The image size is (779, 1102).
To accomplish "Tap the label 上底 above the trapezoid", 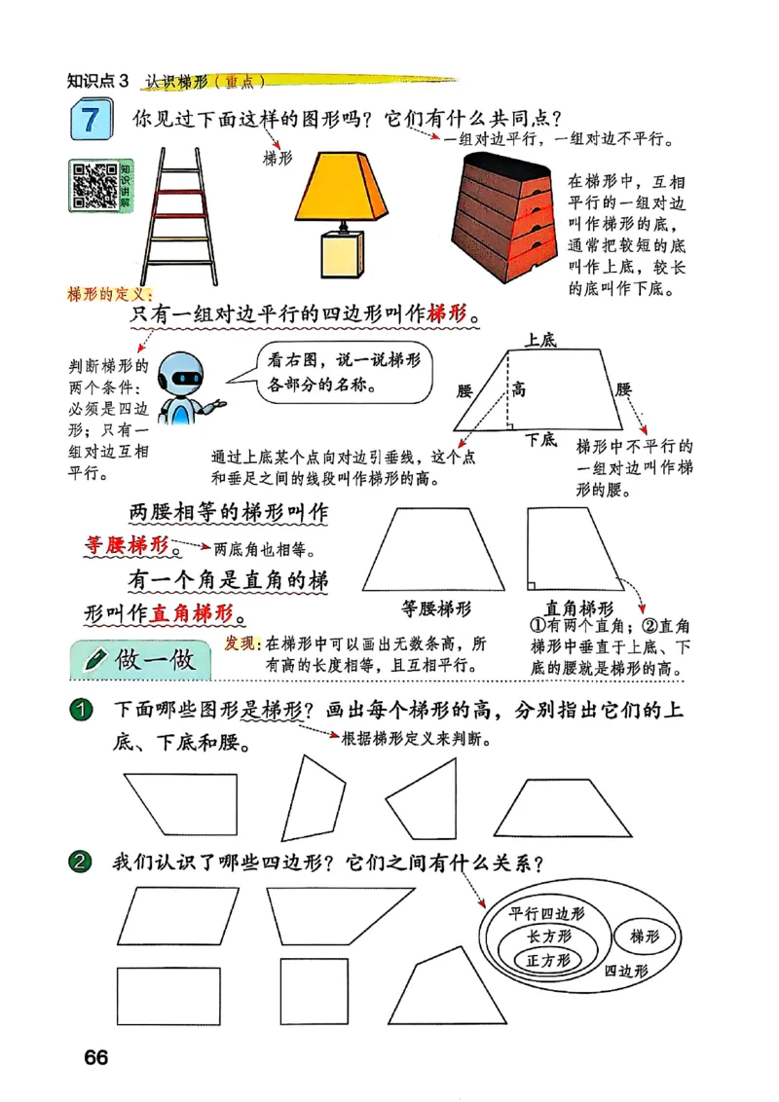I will pos(539,340).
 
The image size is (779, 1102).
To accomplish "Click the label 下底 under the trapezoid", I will pos(541,440).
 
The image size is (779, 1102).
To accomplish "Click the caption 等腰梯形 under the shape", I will pos(436,609).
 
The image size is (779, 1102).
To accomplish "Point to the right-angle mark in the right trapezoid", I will pos(532,585).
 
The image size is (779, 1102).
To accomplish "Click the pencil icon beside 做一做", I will pos(95,660).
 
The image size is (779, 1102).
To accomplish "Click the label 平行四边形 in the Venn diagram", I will pos(547,913).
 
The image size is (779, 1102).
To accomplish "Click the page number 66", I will pos(95,1058).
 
